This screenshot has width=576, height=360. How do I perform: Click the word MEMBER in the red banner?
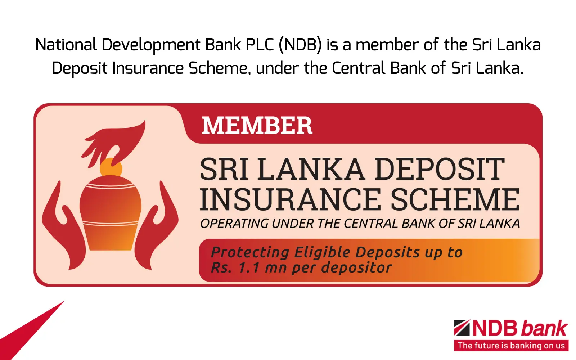257,126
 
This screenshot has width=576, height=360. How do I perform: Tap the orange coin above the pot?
111,168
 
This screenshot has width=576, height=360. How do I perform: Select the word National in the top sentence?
66,45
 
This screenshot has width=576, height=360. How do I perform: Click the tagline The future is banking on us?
511,346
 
